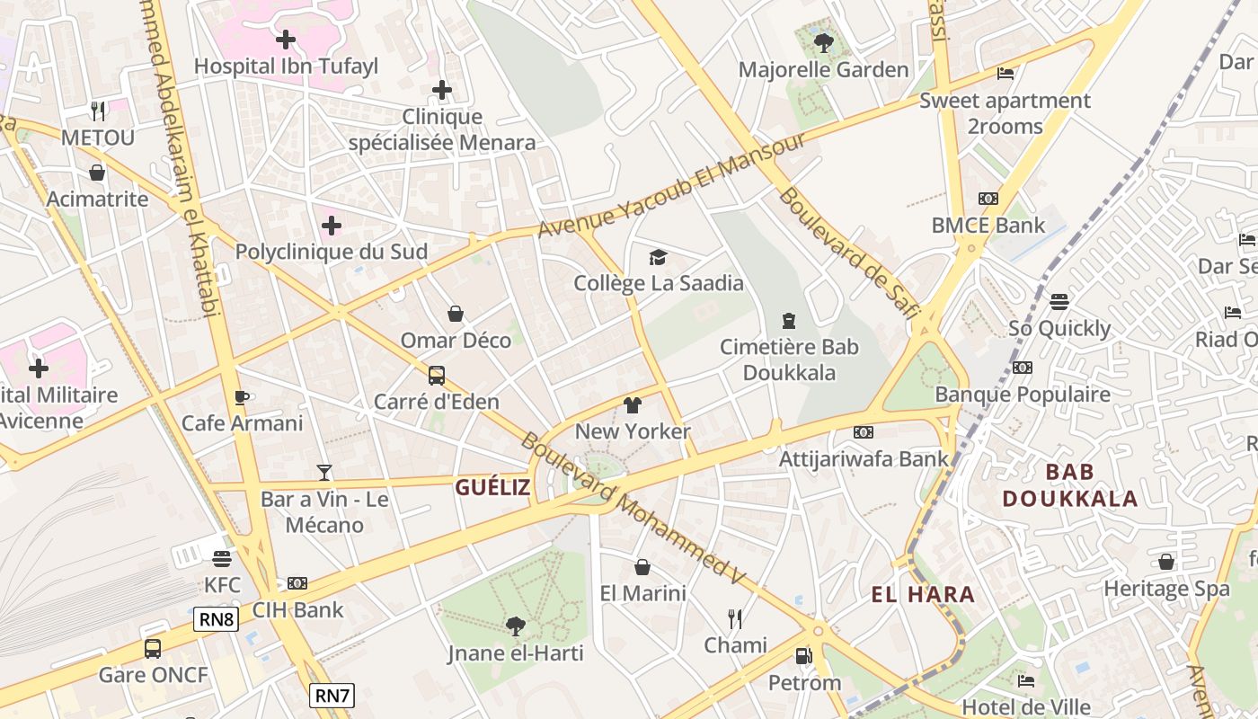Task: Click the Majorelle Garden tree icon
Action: [823, 42]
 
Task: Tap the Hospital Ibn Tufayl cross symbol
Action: [286, 40]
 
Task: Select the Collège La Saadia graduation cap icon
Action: [659, 258]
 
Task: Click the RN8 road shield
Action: [216, 618]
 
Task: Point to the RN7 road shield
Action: [332, 695]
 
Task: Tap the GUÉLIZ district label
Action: [492, 488]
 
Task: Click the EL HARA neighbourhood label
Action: [923, 594]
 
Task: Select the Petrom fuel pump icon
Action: [804, 657]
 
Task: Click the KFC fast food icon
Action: [222, 559]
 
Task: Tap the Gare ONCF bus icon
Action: [153, 648]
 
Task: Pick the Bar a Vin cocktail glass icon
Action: [324, 472]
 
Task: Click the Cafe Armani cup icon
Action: [242, 397]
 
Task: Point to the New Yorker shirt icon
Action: [633, 405]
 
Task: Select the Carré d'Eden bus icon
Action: [437, 376]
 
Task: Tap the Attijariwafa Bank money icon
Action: [864, 432]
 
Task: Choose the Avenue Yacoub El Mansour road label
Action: [672, 186]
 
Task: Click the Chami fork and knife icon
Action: [735, 618]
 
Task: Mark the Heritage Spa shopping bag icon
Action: [1166, 563]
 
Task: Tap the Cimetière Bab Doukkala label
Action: [789, 359]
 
